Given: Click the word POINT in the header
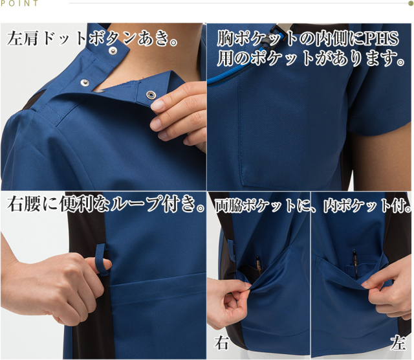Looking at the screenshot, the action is pos(19,3).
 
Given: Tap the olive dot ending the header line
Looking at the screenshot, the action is pos(411,3).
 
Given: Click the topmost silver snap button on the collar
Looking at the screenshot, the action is pos(113,51).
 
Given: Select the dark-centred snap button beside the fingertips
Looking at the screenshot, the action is pos(150,95).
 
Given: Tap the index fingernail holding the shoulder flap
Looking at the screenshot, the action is pos(158,105).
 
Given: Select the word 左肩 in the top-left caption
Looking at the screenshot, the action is pos(23,39).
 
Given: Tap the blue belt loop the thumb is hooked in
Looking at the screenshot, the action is pos(102,260).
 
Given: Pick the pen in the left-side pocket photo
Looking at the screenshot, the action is pos(354,264).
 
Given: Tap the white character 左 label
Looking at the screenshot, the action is pos(398,343).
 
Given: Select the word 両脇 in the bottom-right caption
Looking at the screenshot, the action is pos(228,206).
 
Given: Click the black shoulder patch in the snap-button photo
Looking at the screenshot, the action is pos(32,100).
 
